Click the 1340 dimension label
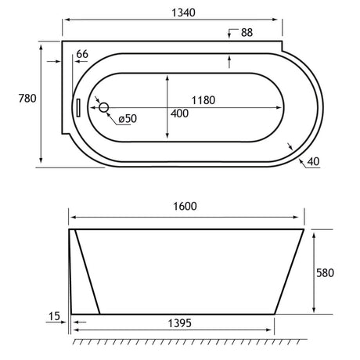point(183,13)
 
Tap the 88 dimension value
point(247,33)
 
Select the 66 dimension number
point(82,54)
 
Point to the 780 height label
point(27,99)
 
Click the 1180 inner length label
point(203,100)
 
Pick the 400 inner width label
point(179,113)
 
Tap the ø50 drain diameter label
point(128,119)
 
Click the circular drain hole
point(104,107)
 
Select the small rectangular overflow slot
point(78,107)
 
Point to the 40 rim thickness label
point(313,162)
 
